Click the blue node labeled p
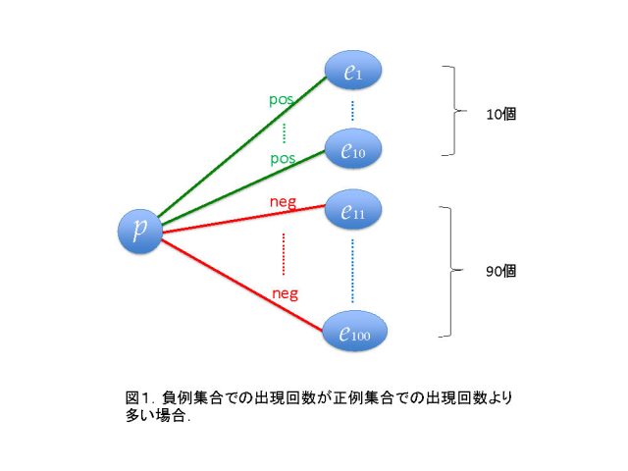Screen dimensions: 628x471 139,232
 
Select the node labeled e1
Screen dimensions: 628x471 353,71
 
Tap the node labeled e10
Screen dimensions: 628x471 353,149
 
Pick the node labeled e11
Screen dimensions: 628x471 353,209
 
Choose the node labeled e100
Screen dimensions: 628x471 355,332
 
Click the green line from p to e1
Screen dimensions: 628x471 242,146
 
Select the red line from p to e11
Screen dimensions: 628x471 243,219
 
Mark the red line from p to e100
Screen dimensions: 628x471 242,286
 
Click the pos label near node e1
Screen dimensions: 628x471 282,99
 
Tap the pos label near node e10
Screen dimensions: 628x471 283,159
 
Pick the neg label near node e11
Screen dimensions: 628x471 284,202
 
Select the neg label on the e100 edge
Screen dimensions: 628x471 286,293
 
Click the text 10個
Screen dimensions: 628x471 501,114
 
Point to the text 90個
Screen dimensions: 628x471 501,271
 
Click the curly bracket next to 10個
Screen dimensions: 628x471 455,110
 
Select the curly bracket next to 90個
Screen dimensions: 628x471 451,271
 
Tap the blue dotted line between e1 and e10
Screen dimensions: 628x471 352,111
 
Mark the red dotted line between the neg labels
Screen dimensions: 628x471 284,254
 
